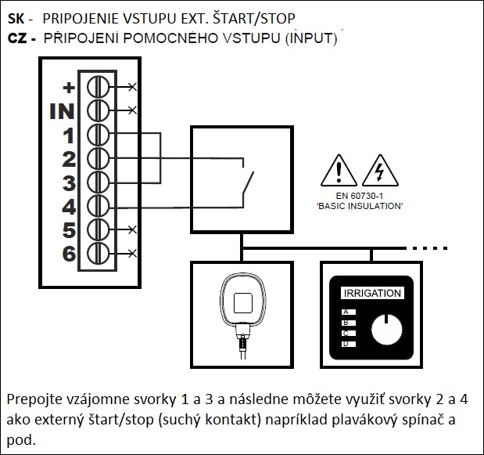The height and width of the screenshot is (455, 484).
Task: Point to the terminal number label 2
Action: click(x=68, y=159)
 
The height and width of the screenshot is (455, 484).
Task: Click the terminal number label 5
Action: click(x=68, y=230)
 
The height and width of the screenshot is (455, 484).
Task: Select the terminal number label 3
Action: click(x=68, y=183)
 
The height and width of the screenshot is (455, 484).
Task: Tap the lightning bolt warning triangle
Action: click(x=380, y=170)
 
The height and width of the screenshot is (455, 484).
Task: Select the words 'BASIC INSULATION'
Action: click(x=359, y=204)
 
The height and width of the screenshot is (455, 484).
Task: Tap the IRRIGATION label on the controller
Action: click(x=373, y=294)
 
